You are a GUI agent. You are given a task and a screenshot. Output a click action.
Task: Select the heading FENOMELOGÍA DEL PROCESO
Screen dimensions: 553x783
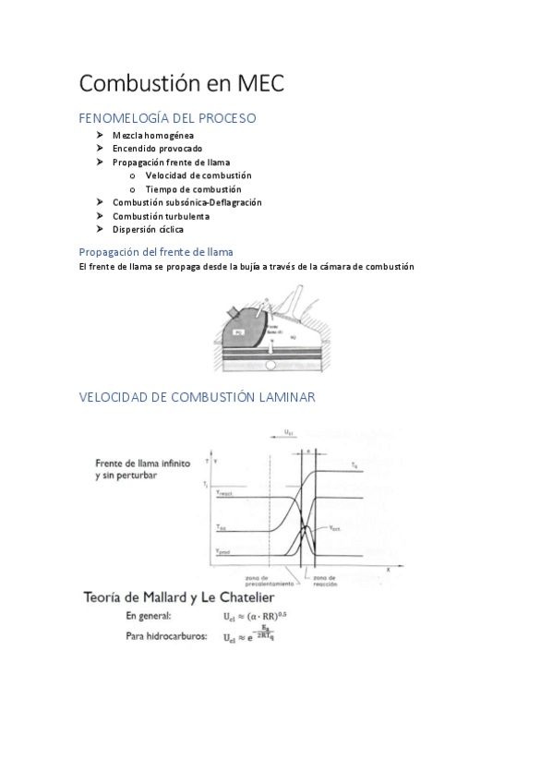pos(167,118)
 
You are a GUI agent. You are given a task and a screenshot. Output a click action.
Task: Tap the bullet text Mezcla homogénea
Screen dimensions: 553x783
pos(153,136)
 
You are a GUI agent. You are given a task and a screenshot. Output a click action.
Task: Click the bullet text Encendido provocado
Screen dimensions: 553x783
pos(157,149)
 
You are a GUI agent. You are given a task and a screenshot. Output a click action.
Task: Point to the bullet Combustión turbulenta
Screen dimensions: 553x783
pos(161,216)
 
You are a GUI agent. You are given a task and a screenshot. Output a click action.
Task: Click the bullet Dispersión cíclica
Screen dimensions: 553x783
pos(148,229)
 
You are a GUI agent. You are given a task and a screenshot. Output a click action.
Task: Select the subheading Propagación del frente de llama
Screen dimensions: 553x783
pos(156,251)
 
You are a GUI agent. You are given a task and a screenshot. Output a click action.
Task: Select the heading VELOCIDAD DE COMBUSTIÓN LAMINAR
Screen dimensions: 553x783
pos(198,397)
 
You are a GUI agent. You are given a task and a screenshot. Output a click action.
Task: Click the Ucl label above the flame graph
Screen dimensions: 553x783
pos(289,431)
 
